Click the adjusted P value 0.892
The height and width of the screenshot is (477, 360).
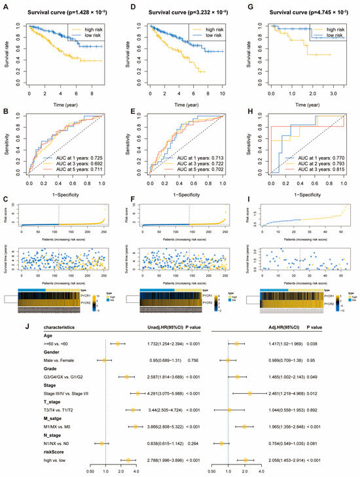tap(331, 409)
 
